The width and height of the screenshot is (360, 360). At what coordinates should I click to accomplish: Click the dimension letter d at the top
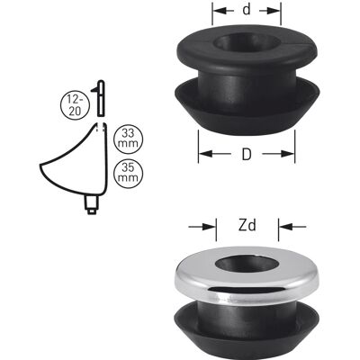coord(247,10)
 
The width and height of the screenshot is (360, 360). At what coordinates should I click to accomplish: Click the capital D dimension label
coord(247,154)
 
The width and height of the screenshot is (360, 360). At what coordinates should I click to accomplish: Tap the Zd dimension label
coord(247,225)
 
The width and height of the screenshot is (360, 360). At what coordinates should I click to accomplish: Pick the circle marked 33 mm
coord(129,139)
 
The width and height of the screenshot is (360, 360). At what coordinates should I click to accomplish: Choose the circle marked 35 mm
coord(129,173)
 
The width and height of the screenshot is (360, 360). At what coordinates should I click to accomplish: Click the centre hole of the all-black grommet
coord(247,43)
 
